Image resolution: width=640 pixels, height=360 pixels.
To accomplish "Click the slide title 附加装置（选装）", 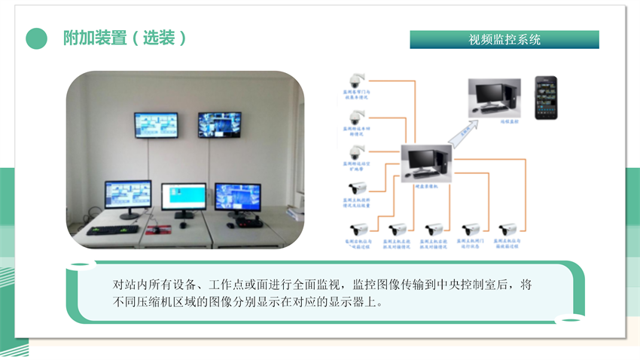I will pos(125,38).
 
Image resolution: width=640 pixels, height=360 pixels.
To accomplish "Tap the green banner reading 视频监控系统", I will pos(504,40).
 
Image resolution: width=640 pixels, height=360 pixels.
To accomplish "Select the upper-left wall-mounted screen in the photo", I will pos(156,125).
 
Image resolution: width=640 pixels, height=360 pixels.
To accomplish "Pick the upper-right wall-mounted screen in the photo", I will pos(220,125).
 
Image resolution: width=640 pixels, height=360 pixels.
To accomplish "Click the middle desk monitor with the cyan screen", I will pos(183,197).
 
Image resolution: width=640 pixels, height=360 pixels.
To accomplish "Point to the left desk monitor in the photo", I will pos(127,195).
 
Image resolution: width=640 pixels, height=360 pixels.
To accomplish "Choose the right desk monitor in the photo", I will pos(238,197).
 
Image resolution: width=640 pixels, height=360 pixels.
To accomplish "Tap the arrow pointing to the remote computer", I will pos(462,133).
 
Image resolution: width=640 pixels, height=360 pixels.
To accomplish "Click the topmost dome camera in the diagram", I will pos(355,80).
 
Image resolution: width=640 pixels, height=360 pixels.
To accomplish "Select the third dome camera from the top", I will pos(355,151).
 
